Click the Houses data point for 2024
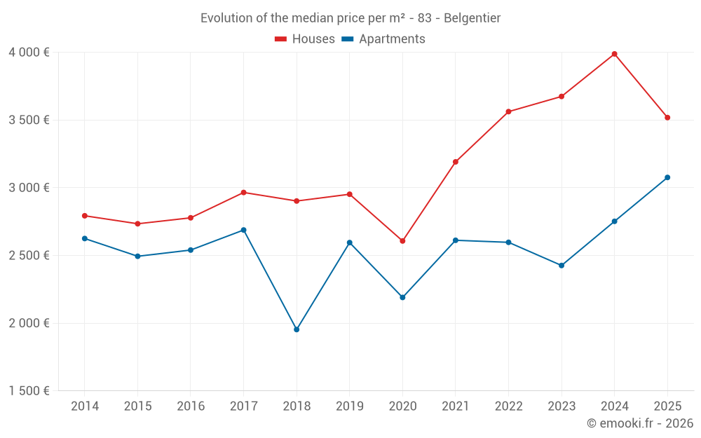(x=614, y=54)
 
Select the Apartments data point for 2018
(x=297, y=329)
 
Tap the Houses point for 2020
(x=402, y=241)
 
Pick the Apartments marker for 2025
(x=667, y=177)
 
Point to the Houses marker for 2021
(x=456, y=162)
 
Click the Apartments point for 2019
(x=350, y=242)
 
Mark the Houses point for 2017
(x=243, y=192)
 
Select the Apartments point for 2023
(x=562, y=266)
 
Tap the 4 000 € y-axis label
(x=29, y=53)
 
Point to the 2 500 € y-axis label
(x=29, y=256)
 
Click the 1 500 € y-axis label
(x=29, y=391)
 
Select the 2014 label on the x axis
(x=85, y=406)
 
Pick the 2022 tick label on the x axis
(x=508, y=406)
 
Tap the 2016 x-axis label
(x=191, y=406)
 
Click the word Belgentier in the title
(x=472, y=18)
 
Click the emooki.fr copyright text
(x=640, y=423)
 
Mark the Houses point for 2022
(x=508, y=111)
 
